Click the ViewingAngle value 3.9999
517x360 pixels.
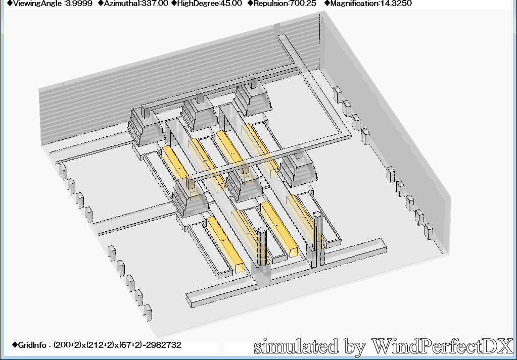tap(79, 4)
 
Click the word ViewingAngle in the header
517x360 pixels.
tap(37, 4)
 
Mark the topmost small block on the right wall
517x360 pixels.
tap(338, 94)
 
